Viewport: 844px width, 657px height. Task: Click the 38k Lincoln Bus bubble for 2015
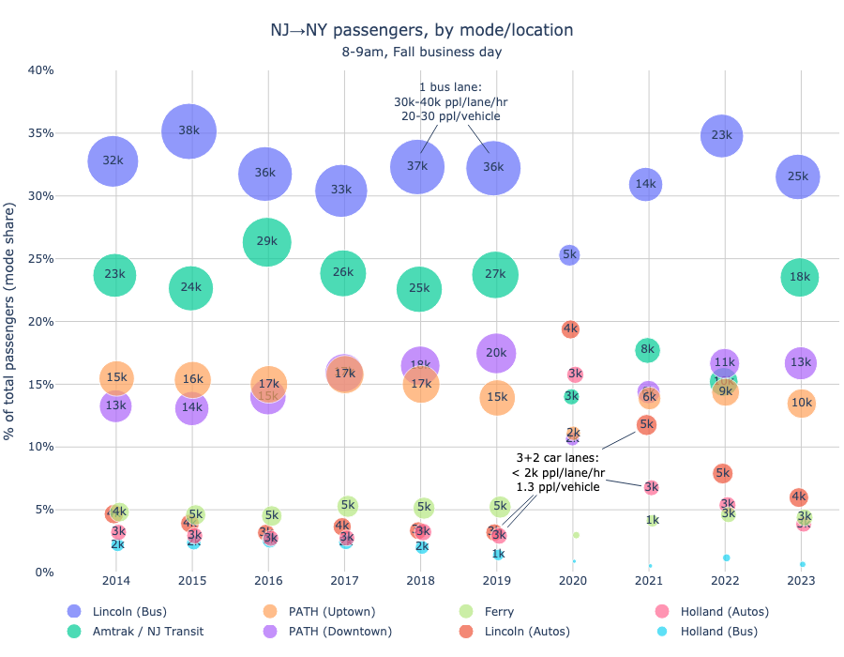point(189,130)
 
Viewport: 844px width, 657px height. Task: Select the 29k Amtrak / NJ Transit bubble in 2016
point(266,241)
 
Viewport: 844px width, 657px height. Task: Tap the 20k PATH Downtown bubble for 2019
point(496,353)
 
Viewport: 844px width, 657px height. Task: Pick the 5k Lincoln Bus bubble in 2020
point(569,254)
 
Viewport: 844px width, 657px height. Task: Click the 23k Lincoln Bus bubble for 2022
point(721,135)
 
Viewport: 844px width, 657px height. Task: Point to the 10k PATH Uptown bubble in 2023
point(801,404)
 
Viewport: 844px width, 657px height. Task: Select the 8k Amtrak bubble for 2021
point(647,350)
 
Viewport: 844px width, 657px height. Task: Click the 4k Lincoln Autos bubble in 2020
point(570,328)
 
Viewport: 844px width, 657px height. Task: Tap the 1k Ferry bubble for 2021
point(652,520)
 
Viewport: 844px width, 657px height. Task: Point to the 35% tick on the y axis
point(40,133)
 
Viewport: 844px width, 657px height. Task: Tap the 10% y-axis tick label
point(40,447)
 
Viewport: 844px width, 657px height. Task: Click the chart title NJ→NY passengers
point(421,30)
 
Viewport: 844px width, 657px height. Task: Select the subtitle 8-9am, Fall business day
point(421,52)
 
